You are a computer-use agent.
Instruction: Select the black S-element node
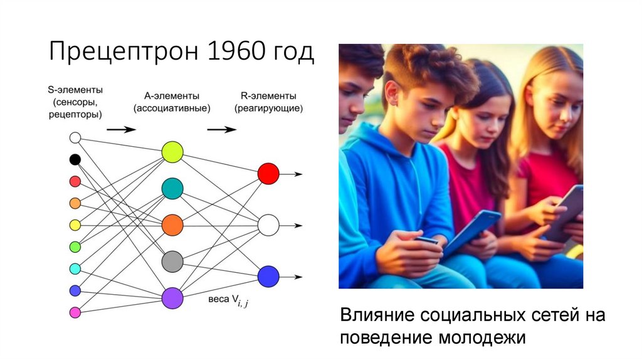tap(75, 159)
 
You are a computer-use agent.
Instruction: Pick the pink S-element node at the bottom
tap(75, 312)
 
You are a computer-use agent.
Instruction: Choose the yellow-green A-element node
tap(172, 152)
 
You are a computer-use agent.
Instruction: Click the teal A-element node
tap(172, 188)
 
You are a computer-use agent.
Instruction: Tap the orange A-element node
tap(172, 225)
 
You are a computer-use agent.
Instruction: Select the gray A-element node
tap(172, 261)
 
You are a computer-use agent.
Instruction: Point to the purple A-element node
tap(172, 297)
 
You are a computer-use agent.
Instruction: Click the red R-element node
tap(268, 174)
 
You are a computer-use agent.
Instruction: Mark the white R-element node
tap(268, 225)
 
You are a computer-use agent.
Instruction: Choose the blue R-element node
tap(268, 276)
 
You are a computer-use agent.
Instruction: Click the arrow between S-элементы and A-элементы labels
tap(121, 130)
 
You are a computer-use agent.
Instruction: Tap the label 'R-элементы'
tap(268, 96)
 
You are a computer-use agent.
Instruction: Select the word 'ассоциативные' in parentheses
tap(172, 109)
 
